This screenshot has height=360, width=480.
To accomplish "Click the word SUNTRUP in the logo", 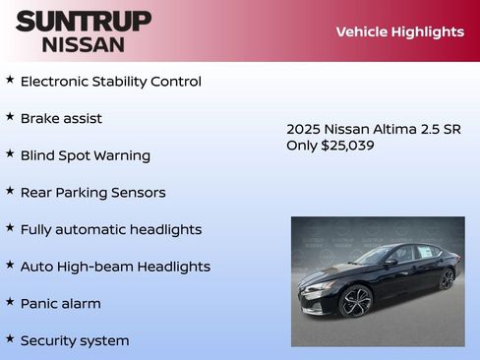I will (x=84, y=21).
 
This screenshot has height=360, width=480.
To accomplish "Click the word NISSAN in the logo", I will (x=84, y=44).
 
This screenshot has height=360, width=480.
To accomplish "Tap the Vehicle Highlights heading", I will (x=399, y=31).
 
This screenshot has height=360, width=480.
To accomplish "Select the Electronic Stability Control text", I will (x=110, y=82).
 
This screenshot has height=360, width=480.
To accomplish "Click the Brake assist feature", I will (x=61, y=119).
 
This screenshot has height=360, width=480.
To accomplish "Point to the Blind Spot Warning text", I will (x=86, y=155).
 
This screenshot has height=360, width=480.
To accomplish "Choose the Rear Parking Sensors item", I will (x=92, y=193).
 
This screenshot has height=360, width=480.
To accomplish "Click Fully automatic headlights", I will (x=110, y=229).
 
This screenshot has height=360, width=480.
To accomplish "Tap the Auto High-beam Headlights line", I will (x=115, y=267).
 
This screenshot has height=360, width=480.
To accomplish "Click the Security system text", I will (x=75, y=340).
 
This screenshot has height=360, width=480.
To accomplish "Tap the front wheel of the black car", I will (x=355, y=300).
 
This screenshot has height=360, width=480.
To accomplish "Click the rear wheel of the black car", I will (x=448, y=278).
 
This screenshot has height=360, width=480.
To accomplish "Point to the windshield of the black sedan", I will (x=373, y=256).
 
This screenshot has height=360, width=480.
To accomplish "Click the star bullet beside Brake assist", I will (x=10, y=117).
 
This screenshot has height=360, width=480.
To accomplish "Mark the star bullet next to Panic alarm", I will (x=10, y=302).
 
